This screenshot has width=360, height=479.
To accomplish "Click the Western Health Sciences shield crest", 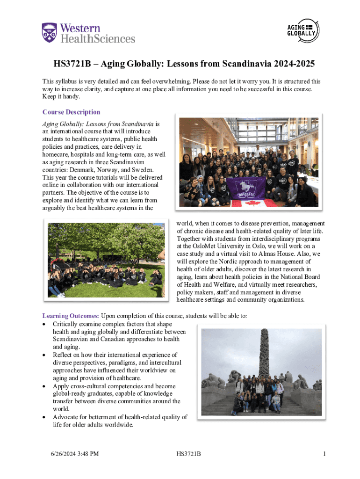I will (50, 33).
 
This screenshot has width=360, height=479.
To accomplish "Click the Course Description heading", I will (71, 112).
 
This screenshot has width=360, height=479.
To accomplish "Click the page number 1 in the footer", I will (324, 454).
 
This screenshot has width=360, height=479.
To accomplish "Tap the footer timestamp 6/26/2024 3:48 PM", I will (75, 454).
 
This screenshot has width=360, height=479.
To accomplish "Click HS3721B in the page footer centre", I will (189, 454).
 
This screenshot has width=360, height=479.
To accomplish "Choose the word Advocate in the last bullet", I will (66, 417).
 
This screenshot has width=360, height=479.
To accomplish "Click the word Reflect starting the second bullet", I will (63, 355).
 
